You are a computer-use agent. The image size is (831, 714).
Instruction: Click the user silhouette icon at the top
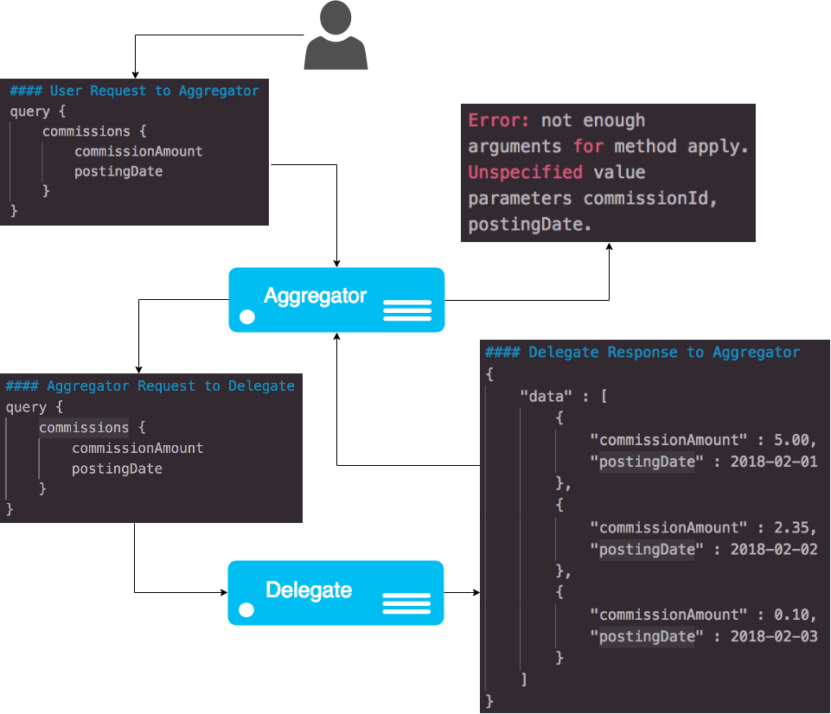(x=336, y=35)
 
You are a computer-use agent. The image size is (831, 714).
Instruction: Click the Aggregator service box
(x=336, y=300)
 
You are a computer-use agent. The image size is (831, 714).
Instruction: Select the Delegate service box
(x=336, y=593)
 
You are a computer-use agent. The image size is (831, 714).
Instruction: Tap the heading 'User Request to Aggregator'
(x=154, y=91)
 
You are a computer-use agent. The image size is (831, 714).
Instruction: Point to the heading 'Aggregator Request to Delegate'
(x=170, y=386)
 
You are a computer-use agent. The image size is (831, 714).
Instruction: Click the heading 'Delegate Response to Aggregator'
(x=663, y=352)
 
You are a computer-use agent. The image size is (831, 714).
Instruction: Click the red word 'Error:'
(x=499, y=121)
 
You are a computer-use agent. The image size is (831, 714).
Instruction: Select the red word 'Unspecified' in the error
(x=525, y=173)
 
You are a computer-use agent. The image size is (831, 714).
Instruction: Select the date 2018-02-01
(x=774, y=462)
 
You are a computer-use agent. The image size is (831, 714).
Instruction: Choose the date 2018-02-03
(x=774, y=636)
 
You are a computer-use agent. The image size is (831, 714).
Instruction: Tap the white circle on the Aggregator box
(x=247, y=317)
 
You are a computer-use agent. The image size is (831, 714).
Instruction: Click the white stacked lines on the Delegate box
(x=406, y=603)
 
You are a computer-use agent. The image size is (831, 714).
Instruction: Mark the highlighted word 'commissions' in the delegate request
(x=84, y=428)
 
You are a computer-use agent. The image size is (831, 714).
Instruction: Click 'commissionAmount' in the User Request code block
(x=138, y=151)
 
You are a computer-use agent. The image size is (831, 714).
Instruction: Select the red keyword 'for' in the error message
(x=588, y=147)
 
